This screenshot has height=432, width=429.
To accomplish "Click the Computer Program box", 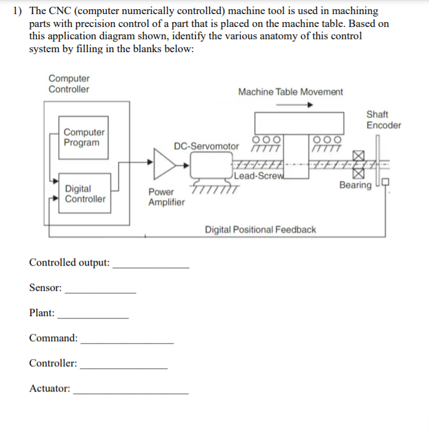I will [84, 137].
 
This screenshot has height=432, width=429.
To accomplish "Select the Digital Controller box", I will [85, 194].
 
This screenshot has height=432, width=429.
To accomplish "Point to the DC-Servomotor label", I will [207, 147].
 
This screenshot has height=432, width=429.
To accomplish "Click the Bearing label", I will [355, 185].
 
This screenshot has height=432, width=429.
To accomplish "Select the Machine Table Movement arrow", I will [294, 105].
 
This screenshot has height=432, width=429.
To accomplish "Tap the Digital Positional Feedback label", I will [261, 229].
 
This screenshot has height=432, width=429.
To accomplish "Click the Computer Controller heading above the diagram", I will [69, 84].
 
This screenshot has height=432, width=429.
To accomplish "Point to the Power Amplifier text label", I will [166, 197].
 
